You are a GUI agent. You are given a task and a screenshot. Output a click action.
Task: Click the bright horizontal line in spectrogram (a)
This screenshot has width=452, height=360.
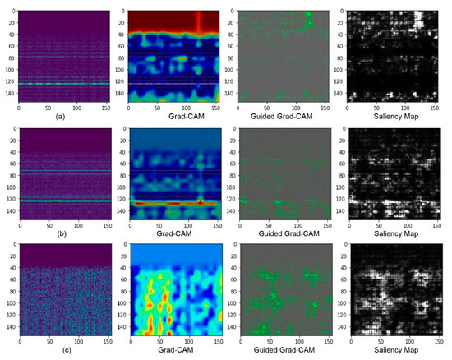pyautogui.click(x=62, y=83)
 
